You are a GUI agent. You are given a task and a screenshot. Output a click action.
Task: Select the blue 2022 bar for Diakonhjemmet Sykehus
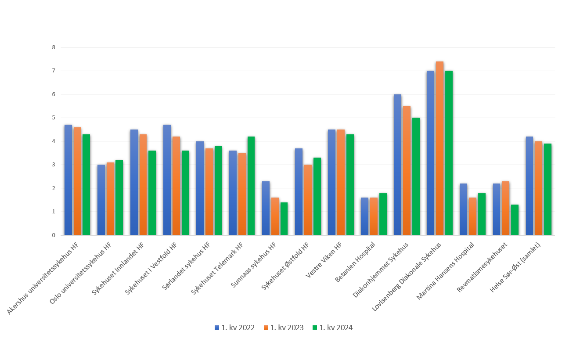[397, 165]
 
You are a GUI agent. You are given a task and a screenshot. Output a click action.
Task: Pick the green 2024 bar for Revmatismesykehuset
[515, 220]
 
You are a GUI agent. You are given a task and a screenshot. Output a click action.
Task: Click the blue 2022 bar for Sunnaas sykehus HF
[266, 208]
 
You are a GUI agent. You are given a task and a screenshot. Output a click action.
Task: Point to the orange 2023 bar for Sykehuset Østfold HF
[308, 200]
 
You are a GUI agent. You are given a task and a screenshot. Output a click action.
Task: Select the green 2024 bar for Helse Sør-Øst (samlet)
[547, 189]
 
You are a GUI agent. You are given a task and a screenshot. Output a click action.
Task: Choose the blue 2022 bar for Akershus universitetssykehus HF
[68, 180]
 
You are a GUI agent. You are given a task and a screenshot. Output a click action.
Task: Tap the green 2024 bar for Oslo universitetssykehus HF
[119, 198]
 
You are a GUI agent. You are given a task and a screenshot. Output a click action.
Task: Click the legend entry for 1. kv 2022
[235, 328]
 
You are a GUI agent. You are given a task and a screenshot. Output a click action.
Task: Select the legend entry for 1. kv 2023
[284, 328]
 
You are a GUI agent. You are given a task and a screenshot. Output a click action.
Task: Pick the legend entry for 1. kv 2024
[332, 328]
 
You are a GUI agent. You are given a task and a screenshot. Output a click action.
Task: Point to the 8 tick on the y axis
[54, 47]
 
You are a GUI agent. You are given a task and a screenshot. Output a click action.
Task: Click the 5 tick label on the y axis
[54, 118]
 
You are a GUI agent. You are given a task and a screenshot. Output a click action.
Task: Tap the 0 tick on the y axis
[54, 235]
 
